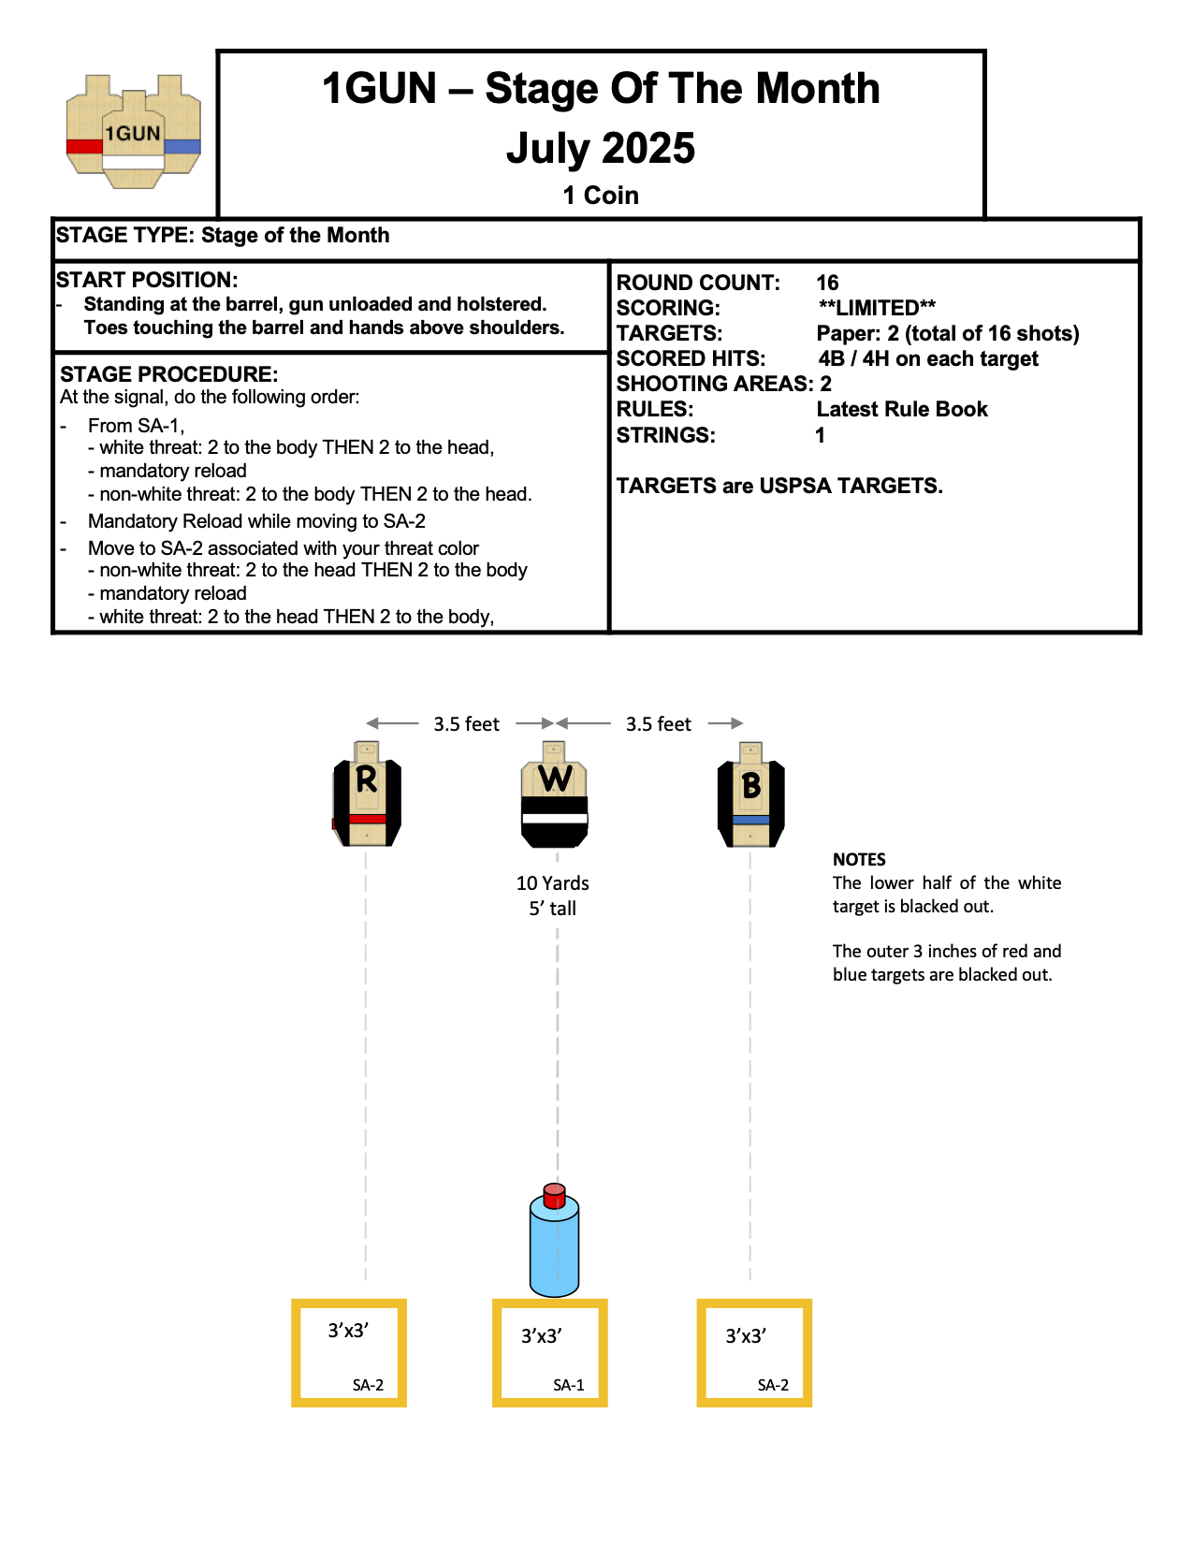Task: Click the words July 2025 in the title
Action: point(601,148)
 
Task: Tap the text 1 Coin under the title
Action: point(601,196)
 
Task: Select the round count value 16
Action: point(827,283)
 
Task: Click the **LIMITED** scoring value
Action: point(877,308)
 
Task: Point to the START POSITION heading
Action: point(147,280)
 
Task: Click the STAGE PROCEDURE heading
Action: point(169,374)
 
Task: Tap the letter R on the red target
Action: point(366,779)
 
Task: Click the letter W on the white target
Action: point(555,778)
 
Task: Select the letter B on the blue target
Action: point(750,786)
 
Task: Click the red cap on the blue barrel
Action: point(554,1195)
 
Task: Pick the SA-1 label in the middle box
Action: point(568,1385)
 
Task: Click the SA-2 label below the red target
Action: point(368,1385)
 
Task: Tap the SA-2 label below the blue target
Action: point(773,1385)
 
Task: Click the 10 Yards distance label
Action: point(553,883)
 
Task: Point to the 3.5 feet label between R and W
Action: point(466,724)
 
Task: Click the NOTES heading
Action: point(859,859)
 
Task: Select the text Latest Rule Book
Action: point(902,409)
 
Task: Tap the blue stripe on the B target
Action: point(750,821)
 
